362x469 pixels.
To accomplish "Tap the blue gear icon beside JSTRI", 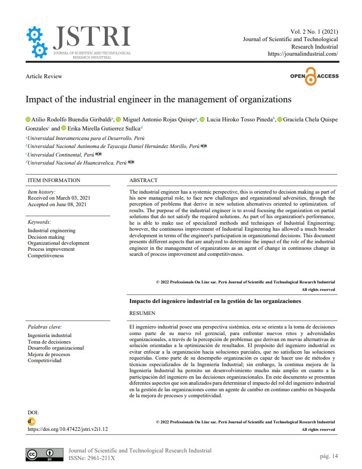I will [36, 42].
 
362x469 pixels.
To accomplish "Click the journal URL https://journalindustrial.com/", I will [303, 54].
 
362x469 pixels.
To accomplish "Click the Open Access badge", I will [314, 76].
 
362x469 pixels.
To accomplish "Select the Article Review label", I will [44, 76].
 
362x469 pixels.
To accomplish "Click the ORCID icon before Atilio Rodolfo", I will [28, 120].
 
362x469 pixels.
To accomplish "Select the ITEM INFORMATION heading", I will [54, 180].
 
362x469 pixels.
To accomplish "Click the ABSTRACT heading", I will [143, 180].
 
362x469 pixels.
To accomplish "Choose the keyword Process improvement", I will [52, 249].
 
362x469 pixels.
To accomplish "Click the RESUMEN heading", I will [142, 314].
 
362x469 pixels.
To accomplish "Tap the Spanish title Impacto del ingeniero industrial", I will [215, 301].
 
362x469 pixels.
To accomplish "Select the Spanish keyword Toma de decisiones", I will [49, 342].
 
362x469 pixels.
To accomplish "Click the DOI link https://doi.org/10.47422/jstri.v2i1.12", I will [68, 429].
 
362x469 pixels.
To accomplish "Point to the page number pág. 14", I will [329, 456].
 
